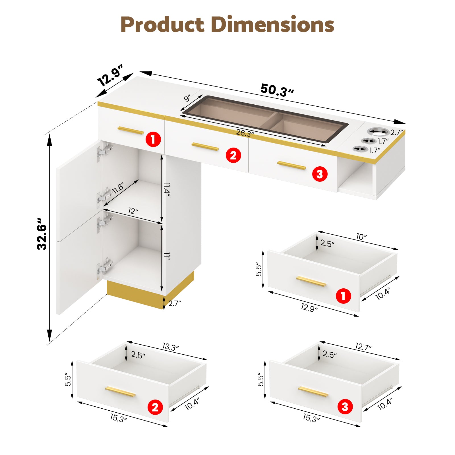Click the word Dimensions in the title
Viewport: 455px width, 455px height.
273,24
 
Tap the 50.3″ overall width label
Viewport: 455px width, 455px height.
277,90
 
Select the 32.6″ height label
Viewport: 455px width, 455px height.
42,234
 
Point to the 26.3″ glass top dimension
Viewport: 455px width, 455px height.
245,133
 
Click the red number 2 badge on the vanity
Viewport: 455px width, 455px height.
233,155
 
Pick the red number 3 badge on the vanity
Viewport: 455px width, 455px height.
320,174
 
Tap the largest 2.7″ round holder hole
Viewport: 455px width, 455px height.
378,131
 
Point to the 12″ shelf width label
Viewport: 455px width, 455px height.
133,211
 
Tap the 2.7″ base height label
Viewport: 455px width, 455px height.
175,303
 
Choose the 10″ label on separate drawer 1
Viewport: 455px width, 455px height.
361,237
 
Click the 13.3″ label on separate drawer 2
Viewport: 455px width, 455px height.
171,347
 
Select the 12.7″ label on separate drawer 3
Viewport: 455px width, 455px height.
363,347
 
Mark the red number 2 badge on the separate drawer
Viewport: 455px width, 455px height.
155,407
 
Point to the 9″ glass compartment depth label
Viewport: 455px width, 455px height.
187,98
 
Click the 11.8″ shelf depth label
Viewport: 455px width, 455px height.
118,188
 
